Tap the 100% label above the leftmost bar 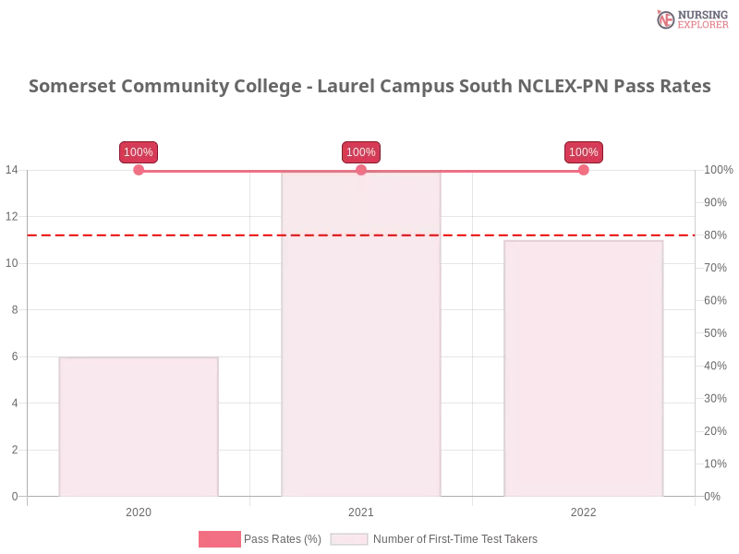[139, 152]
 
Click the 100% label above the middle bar [361, 152]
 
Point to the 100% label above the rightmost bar [584, 152]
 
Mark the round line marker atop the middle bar [361, 170]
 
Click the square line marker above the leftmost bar [139, 170]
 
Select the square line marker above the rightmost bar [584, 170]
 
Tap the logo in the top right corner [690, 18]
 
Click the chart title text [369, 87]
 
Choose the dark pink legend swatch [219, 539]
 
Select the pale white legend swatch [349, 539]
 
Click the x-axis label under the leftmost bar [139, 510]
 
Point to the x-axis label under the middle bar [361, 510]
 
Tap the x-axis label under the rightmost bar [584, 510]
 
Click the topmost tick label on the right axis [717, 170]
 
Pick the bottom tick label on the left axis [14, 495]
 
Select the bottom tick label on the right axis [713, 495]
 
